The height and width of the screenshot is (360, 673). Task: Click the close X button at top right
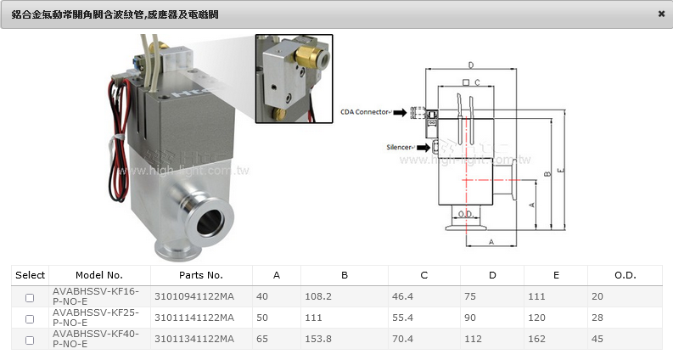click(661, 14)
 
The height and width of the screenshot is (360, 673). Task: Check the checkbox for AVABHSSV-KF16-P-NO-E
click(30, 298)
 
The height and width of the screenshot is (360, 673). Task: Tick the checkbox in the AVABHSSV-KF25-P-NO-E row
click(30, 319)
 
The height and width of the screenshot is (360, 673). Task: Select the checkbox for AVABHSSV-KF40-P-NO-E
click(30, 340)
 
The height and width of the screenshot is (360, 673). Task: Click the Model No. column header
click(99, 275)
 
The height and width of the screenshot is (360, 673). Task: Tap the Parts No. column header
click(201, 275)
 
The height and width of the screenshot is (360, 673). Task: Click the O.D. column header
click(625, 275)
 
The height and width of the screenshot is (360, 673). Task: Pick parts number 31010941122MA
click(193, 297)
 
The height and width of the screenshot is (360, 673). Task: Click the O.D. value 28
click(597, 318)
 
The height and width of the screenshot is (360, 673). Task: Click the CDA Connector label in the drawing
click(364, 111)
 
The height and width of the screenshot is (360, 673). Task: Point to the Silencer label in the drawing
click(400, 148)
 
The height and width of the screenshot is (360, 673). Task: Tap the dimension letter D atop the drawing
click(470, 65)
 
